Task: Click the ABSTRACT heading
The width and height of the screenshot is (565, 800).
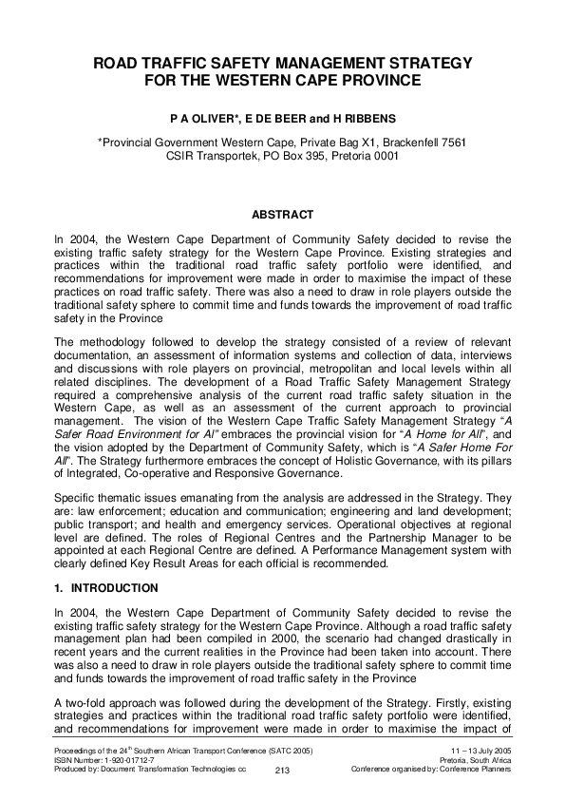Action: coord(281,215)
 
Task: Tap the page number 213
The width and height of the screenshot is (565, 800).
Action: coord(281,771)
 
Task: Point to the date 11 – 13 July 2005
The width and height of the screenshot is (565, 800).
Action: coord(477,751)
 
